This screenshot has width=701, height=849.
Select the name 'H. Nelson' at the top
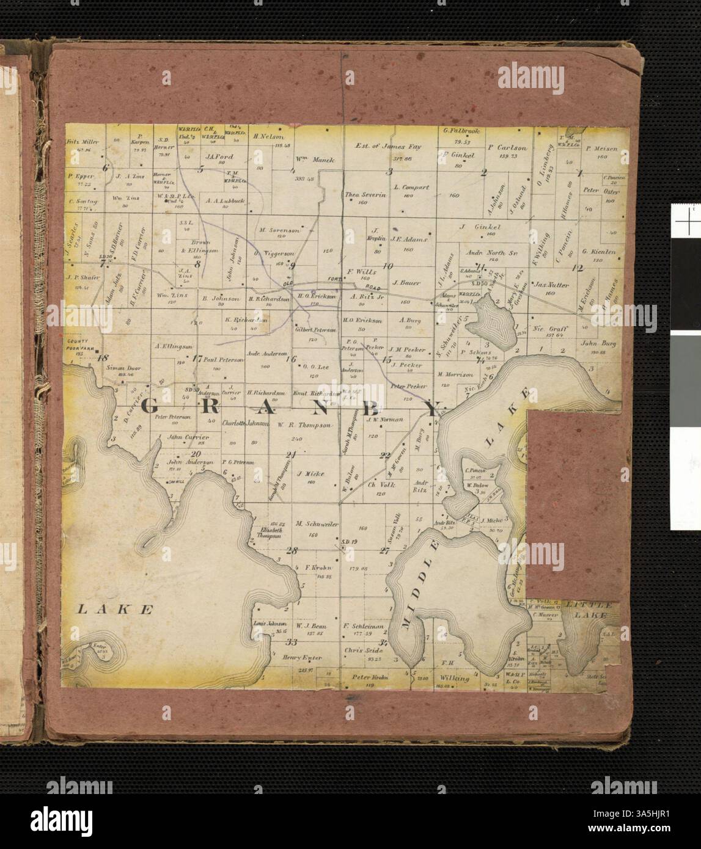point(266,137)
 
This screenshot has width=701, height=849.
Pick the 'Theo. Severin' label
point(363,195)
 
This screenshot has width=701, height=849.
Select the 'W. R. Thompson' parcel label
point(304,423)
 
